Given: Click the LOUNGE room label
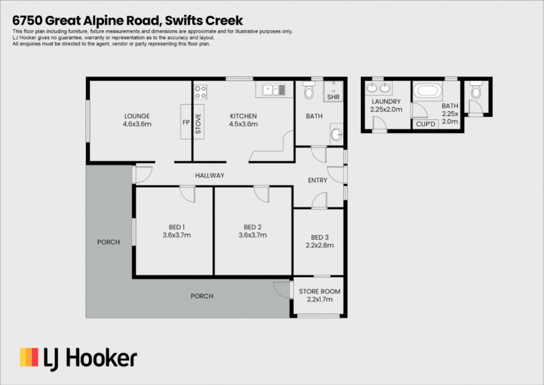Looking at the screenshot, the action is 137,116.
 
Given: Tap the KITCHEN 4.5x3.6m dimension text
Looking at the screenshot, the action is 243,124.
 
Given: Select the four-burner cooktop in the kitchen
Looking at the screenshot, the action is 200,92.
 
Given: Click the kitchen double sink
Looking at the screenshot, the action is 274,90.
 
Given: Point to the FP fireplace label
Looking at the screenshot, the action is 186,122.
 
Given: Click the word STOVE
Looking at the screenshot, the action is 198,124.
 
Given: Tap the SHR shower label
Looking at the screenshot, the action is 333,97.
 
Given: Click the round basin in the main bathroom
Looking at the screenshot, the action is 336,134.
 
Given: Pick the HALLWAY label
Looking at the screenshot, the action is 209,175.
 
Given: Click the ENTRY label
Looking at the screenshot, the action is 318,181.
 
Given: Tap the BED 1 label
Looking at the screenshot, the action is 176,227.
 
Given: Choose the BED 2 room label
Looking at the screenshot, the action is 252,227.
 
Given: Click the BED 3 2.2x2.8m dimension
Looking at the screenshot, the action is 319,245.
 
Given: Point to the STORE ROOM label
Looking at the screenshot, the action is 319,292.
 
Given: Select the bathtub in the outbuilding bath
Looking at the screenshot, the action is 428,90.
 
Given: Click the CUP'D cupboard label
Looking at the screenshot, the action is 426,124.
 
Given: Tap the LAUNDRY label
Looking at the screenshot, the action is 386,101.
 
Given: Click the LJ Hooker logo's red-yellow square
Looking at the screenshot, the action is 29,357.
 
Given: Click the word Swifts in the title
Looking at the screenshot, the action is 183,21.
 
